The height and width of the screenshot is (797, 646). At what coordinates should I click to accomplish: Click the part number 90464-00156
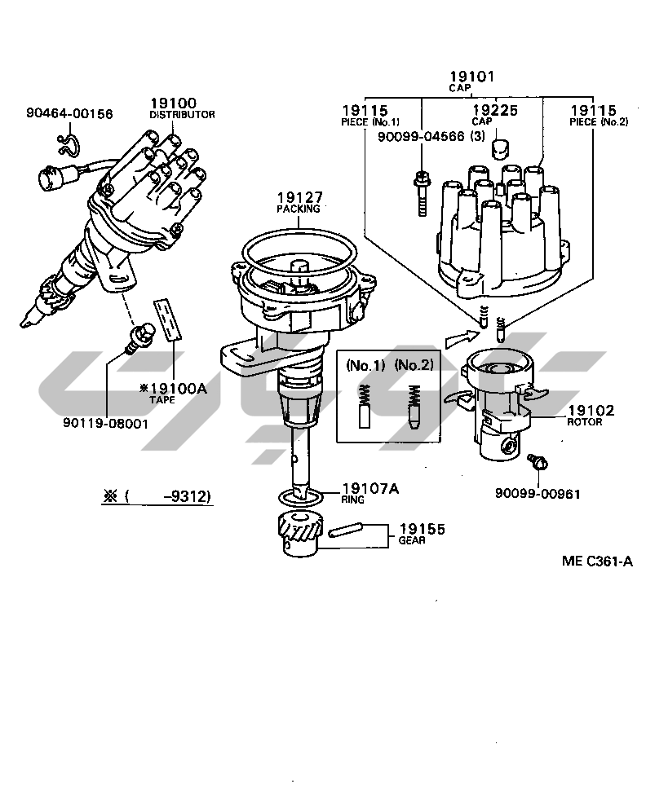coord(69,114)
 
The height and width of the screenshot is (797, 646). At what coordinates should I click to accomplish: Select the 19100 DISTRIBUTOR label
coord(181,108)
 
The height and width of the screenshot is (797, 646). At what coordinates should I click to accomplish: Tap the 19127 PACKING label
coord(299,202)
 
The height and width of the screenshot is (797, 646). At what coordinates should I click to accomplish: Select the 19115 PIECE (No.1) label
coord(365,114)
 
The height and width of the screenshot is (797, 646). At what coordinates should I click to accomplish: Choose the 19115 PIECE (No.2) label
coord(593,114)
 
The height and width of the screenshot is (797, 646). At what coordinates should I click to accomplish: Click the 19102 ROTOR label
coord(591,415)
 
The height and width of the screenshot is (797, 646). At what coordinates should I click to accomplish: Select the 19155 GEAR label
coord(421,533)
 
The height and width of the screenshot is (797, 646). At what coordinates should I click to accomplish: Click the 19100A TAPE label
coord(172,393)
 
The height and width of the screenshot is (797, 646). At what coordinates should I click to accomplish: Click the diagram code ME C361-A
coord(596,561)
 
